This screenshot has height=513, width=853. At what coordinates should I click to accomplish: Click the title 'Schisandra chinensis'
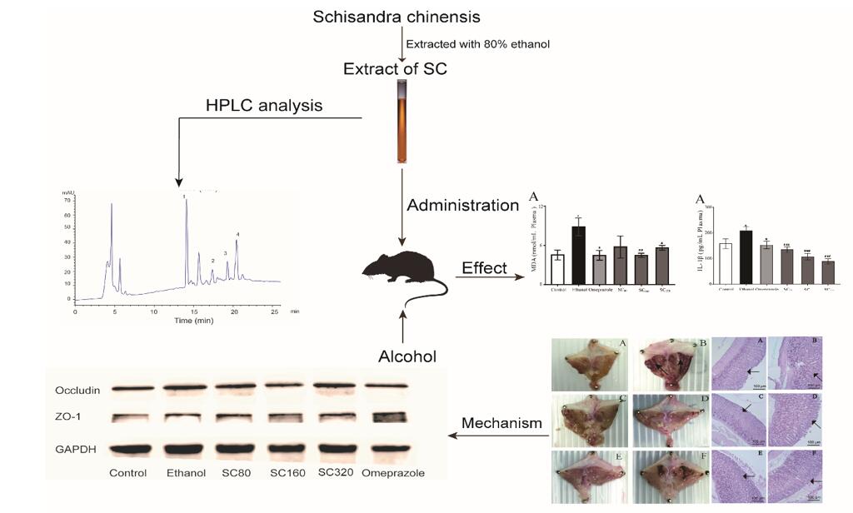397,17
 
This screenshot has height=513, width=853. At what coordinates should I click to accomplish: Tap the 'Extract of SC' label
395,69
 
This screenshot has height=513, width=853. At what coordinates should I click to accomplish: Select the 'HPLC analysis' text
264,106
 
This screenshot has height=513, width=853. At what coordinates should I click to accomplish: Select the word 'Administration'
462,205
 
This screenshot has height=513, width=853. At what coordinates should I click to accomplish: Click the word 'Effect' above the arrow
485,267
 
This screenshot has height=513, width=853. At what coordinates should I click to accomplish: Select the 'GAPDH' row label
75,449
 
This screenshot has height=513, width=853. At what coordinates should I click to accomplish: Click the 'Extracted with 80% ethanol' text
477,43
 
